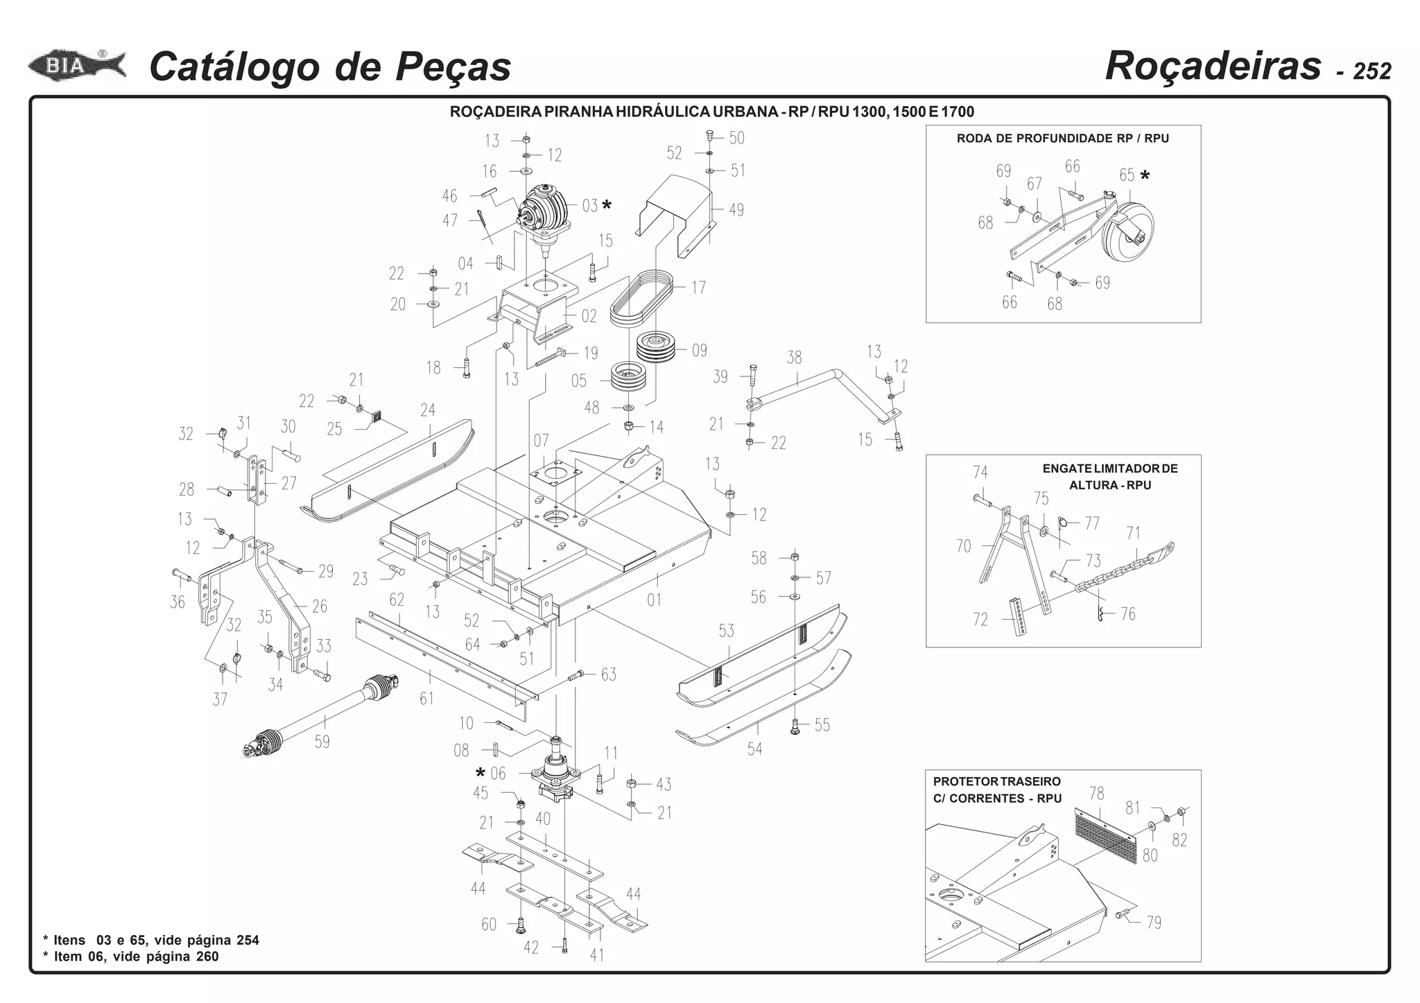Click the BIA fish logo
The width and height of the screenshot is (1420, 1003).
[x=76, y=67]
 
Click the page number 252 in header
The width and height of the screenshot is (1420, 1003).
[x=1371, y=71]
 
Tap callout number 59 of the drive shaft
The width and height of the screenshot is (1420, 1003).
[x=322, y=742]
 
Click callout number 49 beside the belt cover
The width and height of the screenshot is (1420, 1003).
[x=736, y=209]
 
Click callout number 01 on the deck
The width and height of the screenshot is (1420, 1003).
[x=654, y=600]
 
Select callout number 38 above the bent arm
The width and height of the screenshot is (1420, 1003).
[x=794, y=358]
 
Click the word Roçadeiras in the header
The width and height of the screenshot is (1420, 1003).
[x=1213, y=67]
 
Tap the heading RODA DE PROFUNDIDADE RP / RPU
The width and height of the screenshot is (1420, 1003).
[x=1062, y=139]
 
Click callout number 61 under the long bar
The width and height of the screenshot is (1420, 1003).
[x=426, y=698]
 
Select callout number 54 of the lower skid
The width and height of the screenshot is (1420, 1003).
[x=754, y=749]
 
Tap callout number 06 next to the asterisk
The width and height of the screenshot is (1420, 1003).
[x=498, y=774]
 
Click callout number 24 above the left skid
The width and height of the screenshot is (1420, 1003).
[x=428, y=410]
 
